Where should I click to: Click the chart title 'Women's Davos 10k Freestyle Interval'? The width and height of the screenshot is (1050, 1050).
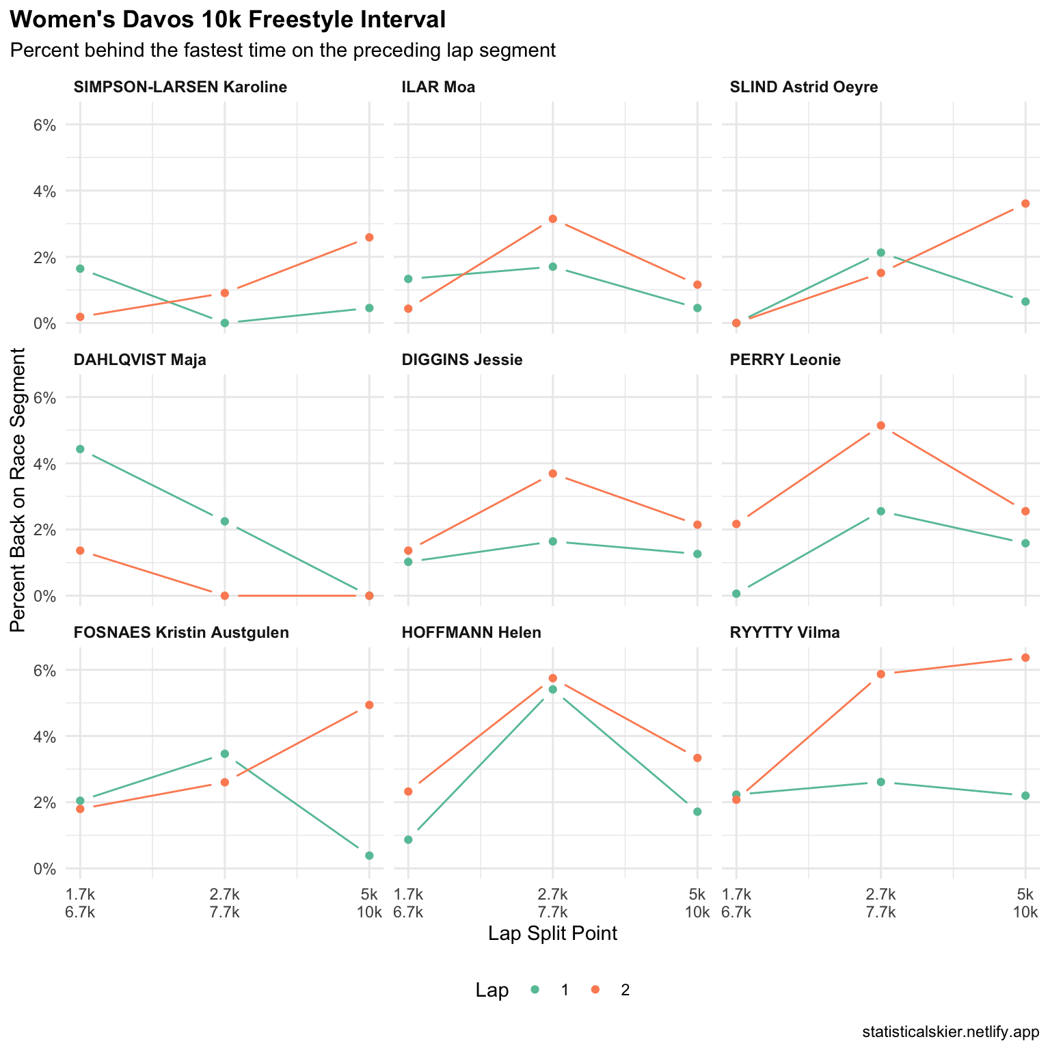point(228,21)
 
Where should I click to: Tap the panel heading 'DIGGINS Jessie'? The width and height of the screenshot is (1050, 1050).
point(462,360)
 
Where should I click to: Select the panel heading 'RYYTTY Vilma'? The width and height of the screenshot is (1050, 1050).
point(785,633)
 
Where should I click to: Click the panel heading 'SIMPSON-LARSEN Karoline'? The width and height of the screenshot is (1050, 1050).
point(180,87)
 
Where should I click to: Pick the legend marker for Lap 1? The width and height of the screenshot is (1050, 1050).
point(535,990)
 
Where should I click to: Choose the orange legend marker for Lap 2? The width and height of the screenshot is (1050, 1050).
point(595,990)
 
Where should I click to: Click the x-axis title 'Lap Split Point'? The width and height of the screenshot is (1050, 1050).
point(552,934)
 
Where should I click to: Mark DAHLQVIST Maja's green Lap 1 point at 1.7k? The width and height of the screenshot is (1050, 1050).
point(80,449)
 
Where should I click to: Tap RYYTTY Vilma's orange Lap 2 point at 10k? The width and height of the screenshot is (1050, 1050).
point(1025,658)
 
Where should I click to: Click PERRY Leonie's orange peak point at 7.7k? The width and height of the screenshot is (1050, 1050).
point(881,426)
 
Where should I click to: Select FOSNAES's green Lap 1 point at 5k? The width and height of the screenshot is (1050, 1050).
point(369,856)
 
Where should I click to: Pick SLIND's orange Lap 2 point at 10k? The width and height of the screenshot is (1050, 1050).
point(1025,203)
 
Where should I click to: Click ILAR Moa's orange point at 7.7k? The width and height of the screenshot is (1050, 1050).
point(553,219)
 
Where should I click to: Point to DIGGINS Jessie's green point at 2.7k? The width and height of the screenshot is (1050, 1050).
point(553,541)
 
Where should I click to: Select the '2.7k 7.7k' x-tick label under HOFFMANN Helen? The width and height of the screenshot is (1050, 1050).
point(552,903)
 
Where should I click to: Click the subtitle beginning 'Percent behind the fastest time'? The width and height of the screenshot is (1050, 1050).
point(283,51)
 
